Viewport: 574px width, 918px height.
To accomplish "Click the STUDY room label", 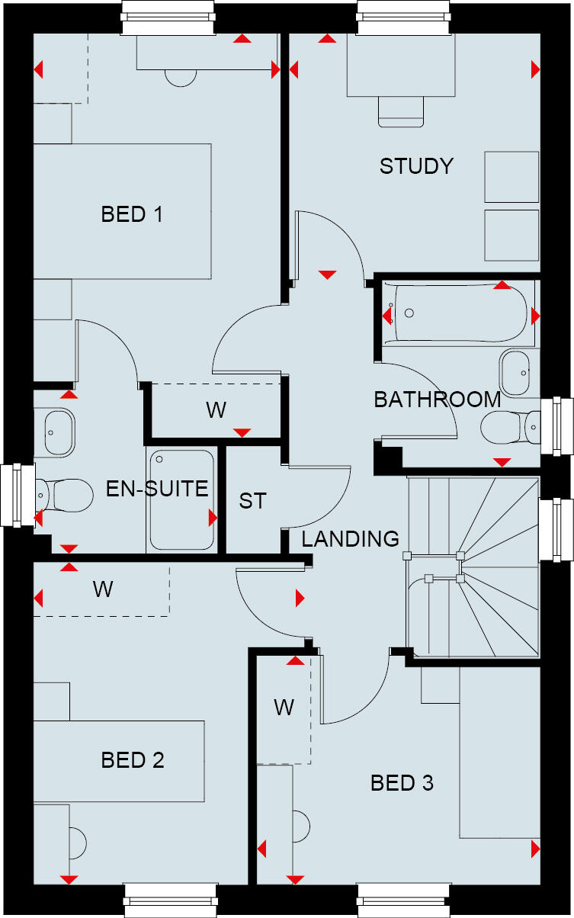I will [416, 166].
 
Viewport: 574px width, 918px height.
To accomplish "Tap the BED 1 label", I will [132, 214].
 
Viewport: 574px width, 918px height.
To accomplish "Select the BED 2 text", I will [133, 760].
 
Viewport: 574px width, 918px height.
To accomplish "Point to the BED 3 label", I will [402, 783].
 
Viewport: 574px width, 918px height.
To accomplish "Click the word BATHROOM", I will [437, 400].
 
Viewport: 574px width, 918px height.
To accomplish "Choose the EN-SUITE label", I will [157, 489].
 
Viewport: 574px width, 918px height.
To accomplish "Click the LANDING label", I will [350, 539].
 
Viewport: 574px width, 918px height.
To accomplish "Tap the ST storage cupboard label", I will [253, 501].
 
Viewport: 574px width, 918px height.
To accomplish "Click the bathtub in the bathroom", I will [457, 313].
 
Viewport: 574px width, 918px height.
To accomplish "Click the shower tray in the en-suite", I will [181, 499].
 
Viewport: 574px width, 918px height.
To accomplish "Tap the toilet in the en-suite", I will [63, 495].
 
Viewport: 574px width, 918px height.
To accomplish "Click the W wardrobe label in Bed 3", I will [284, 708].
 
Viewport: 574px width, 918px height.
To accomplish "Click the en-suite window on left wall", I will [15, 495].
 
